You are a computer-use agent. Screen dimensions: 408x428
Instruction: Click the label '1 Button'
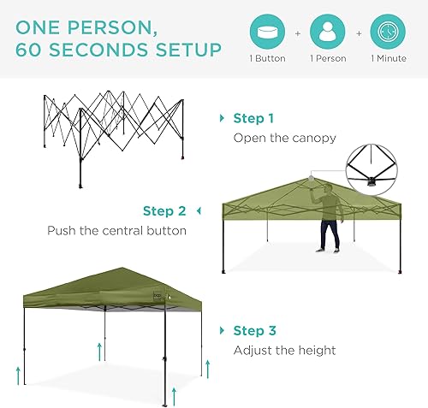pyautogui.click(x=266, y=59)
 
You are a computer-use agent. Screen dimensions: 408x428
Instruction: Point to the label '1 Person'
pyautogui.click(x=327, y=59)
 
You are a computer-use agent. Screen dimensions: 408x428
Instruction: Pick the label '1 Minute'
pyautogui.click(x=389, y=59)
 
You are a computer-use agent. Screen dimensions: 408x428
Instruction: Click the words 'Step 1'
pyautogui.click(x=253, y=118)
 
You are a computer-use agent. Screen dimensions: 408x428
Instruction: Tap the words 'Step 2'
pyautogui.click(x=164, y=210)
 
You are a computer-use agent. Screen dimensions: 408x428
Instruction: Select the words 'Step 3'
pyautogui.click(x=253, y=330)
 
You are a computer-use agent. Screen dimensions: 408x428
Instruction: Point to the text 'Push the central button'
pyautogui.click(x=116, y=231)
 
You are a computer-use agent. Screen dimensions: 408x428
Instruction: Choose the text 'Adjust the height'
pyautogui.click(x=285, y=350)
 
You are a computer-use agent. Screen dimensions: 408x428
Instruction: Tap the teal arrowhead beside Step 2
pyautogui.click(x=199, y=210)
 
